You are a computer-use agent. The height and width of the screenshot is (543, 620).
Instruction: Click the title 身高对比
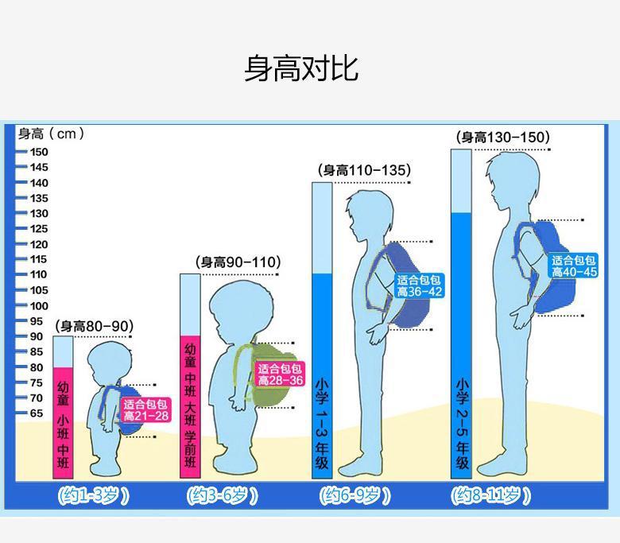[300, 69]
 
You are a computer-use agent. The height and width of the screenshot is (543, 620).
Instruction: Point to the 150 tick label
[39, 152]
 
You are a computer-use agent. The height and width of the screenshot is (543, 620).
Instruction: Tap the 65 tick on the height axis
[37, 413]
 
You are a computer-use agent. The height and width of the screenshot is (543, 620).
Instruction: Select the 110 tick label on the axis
[39, 275]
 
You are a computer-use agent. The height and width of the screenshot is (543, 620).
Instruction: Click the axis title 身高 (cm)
[51, 134]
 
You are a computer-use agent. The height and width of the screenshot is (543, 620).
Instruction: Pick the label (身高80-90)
[94, 327]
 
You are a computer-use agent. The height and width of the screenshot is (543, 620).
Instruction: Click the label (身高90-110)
[238, 262]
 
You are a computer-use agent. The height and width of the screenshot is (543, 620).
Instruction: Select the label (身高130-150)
[502, 138]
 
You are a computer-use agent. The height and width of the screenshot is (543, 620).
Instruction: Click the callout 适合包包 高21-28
[145, 410]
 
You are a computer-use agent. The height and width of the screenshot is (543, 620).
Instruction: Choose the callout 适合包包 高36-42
[419, 286]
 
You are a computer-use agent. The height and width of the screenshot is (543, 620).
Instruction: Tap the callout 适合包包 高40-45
[574, 266]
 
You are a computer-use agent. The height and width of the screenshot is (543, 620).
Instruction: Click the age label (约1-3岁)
[93, 496]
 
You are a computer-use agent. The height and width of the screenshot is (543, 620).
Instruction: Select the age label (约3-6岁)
[223, 496]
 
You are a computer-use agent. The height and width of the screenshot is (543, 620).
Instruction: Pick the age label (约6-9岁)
[355, 496]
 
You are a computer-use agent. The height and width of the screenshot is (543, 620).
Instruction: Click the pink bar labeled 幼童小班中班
[64, 421]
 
